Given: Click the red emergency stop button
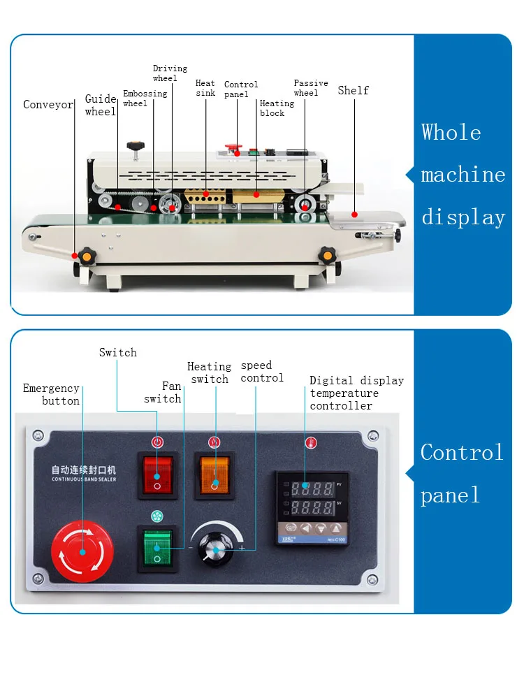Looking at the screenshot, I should [x=82, y=552].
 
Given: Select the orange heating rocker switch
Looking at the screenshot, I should [x=215, y=475].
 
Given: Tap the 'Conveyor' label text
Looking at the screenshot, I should [x=48, y=105].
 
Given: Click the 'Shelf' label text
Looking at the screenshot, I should [x=353, y=90].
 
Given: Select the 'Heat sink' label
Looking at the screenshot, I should [x=205, y=88].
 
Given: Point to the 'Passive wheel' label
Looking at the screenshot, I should [x=310, y=88].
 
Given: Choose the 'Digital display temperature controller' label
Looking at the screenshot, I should [x=356, y=393].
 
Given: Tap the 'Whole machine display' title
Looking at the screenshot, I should [x=463, y=175].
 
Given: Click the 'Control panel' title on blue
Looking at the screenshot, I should [x=462, y=474].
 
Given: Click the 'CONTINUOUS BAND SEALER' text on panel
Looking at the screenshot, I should [x=84, y=479].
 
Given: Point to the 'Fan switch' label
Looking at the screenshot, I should [x=163, y=392].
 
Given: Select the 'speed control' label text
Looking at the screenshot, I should [x=262, y=372].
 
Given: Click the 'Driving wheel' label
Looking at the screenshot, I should [x=170, y=73].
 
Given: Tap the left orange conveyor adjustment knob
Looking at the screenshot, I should [x=86, y=256].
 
